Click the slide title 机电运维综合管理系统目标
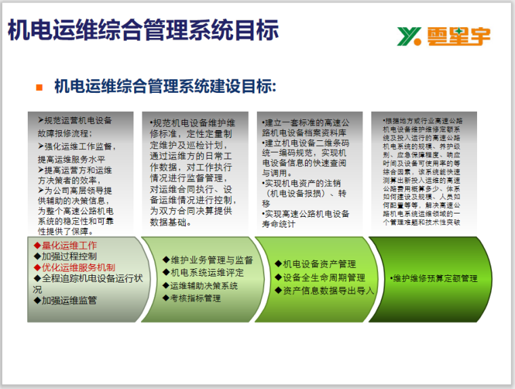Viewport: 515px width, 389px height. coord(143,30)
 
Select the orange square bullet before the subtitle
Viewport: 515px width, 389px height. coord(39,87)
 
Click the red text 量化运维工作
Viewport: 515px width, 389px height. coord(68,245)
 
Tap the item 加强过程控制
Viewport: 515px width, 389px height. coord(68,256)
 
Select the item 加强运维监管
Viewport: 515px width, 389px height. coord(68,300)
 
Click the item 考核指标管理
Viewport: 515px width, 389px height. coord(195,298)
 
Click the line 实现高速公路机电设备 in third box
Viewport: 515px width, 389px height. coord(306,213)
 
